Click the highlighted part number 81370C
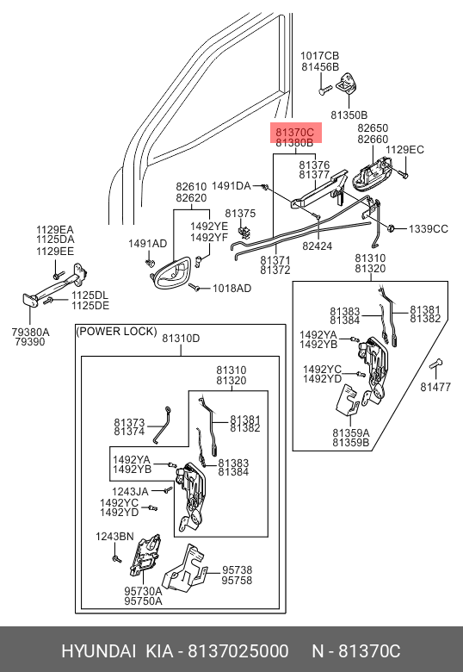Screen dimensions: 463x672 pyautogui.click(x=295, y=132)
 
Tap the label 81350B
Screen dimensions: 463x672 pyautogui.click(x=349, y=115)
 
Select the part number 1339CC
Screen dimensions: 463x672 pyautogui.click(x=429, y=229)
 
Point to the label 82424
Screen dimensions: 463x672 pyautogui.click(x=317, y=246)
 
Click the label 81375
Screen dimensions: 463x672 pyautogui.click(x=240, y=214)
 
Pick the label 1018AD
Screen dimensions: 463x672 pyautogui.click(x=231, y=289)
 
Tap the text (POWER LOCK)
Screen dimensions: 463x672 pyautogui.click(x=116, y=332)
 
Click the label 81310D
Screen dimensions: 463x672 pyautogui.click(x=181, y=339)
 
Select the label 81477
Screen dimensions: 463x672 pyautogui.click(x=435, y=387)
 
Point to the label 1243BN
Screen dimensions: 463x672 pyautogui.click(x=114, y=537)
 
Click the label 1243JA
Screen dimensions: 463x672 pyautogui.click(x=130, y=492)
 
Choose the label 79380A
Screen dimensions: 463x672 pyautogui.click(x=30, y=332)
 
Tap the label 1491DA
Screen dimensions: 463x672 pyautogui.click(x=231, y=186)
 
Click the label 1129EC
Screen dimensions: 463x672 pyautogui.click(x=404, y=150)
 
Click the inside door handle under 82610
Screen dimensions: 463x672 pyautogui.click(x=172, y=272)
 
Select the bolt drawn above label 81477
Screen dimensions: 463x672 pyautogui.click(x=435, y=365)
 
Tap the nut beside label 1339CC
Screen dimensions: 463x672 pyautogui.click(x=391, y=228)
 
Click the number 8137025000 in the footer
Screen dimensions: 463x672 pyautogui.click(x=238, y=651)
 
